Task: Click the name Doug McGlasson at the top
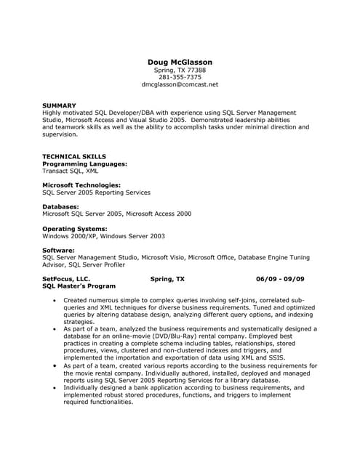point(180,62)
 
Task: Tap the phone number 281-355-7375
point(180,77)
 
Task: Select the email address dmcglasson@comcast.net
point(180,84)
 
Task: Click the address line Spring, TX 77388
point(180,70)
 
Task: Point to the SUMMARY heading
point(59,105)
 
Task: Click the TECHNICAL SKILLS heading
point(74,156)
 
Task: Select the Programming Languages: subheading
point(85,163)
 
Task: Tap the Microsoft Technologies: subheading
point(81,185)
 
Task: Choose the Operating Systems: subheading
point(75,228)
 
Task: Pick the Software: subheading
point(63,249)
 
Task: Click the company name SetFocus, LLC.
point(66,278)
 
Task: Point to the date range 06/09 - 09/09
point(280,278)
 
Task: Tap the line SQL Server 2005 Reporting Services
point(96,193)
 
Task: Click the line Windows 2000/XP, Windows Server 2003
point(103,235)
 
